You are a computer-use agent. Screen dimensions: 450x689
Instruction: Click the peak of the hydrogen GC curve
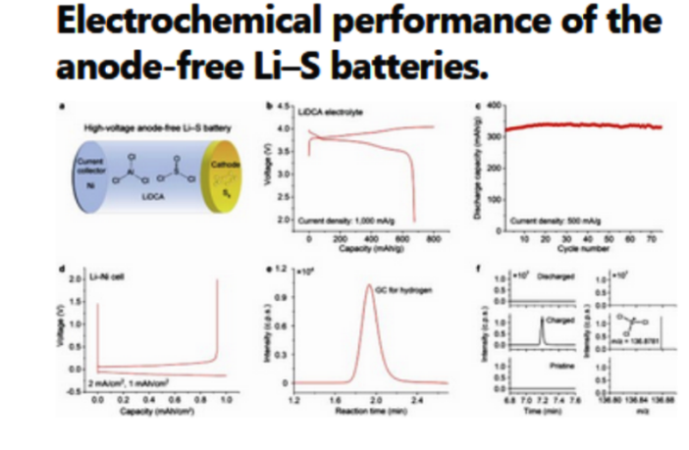369,287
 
